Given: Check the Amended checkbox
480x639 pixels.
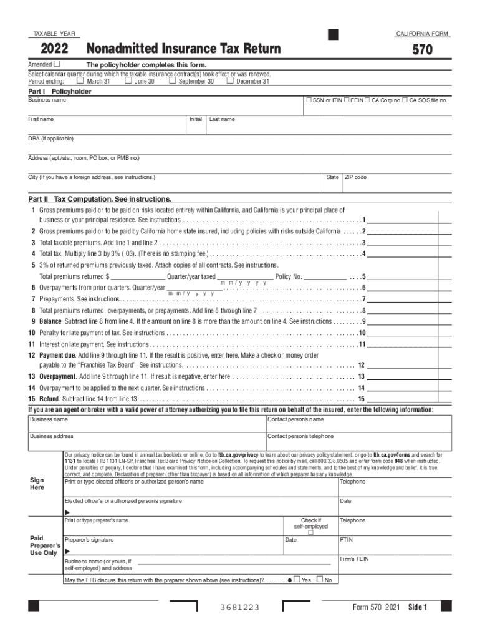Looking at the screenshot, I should click(57, 64).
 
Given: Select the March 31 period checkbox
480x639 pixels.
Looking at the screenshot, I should click(80, 80).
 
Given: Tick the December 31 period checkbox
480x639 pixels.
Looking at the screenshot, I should click(230, 80).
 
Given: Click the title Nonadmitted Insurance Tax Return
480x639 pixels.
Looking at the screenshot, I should click(183, 49).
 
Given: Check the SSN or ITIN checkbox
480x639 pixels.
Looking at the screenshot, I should click(307, 100).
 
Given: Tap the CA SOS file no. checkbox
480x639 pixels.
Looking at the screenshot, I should click(405, 100).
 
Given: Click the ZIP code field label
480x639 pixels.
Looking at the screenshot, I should click(356, 177).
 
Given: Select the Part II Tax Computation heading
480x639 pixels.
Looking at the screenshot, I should click(99, 198).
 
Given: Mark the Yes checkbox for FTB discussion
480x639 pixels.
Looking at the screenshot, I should click(297, 580).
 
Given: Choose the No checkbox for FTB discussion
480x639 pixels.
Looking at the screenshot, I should click(320, 580).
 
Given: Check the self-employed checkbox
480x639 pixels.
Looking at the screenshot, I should click(310, 532).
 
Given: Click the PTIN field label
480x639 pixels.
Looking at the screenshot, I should click(347, 539).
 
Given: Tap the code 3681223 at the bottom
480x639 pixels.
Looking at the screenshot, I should click(239, 608).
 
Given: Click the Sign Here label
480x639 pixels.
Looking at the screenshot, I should click(37, 484).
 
